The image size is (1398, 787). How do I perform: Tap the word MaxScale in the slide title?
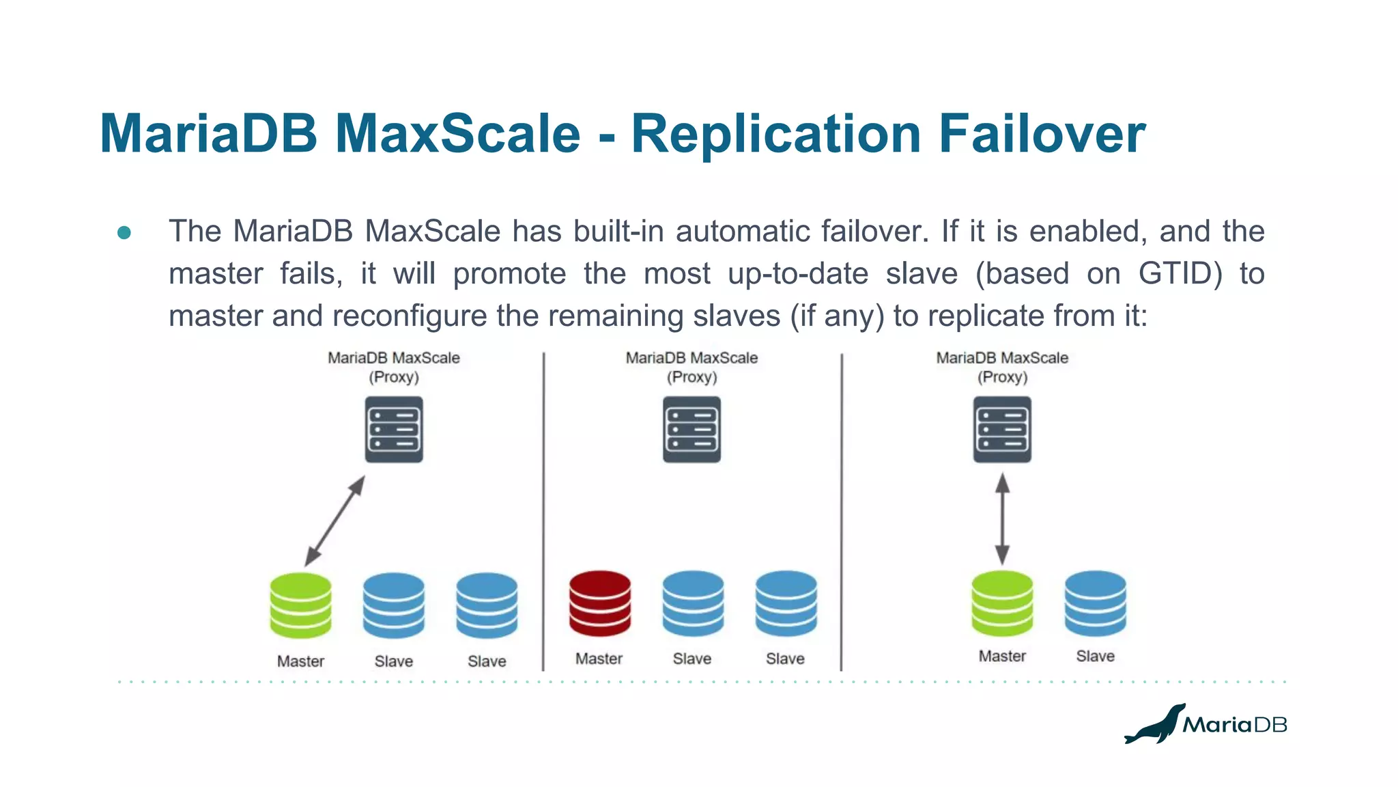457,134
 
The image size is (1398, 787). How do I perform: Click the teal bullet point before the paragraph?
124,233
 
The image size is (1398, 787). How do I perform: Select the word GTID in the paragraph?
1180,274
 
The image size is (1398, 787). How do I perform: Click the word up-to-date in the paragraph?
797,274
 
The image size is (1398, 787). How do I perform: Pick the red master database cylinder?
600,603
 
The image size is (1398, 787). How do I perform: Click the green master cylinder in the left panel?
300,605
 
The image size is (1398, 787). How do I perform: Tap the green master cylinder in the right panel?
1002,603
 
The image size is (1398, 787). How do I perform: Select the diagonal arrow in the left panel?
334,521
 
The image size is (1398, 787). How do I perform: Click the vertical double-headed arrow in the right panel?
1002,519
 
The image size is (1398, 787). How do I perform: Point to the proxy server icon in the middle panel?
691,430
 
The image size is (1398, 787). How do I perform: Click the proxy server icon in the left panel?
394,430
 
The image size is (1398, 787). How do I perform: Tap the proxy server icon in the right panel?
1002,430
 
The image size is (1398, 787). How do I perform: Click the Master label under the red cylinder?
599,659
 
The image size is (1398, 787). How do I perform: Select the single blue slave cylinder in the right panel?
1095,603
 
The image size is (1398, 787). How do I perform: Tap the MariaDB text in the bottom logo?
1234,725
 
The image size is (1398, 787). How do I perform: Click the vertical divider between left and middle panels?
543,512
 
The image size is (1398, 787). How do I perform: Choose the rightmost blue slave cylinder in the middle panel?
786,603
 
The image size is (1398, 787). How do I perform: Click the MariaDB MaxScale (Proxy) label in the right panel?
1002,368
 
